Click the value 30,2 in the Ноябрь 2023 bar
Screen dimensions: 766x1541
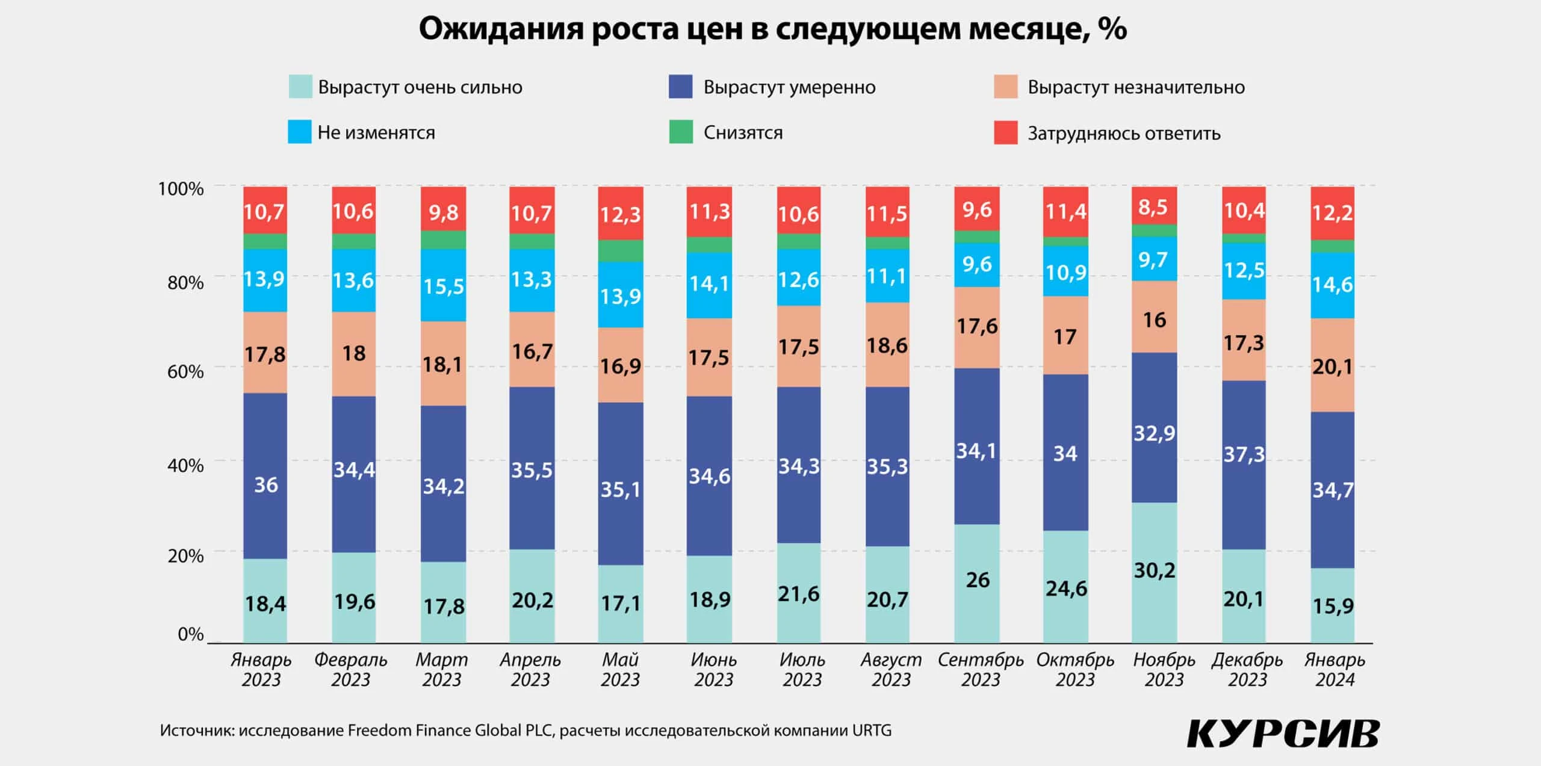[1154, 570]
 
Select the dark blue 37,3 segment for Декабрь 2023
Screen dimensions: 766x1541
[1244, 454]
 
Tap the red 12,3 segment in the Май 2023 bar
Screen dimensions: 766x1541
[620, 214]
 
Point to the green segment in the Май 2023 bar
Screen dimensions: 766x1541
[620, 250]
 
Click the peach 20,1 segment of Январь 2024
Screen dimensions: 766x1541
[1332, 366]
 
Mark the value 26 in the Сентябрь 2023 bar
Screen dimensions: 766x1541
[977, 580]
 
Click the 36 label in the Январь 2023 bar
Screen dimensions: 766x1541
[265, 484]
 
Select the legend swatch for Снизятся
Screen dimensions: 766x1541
[680, 132]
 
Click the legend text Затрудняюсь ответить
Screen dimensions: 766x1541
[1123, 133]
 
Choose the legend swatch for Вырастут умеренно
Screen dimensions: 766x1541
[680, 87]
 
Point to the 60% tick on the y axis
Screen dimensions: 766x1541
[185, 372]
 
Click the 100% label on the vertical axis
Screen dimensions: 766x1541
[181, 189]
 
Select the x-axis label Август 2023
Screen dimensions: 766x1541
[891, 669]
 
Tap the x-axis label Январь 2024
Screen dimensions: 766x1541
[1335, 669]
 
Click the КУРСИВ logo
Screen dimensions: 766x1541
[1282, 733]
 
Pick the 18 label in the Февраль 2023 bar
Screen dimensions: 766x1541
[354, 353]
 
